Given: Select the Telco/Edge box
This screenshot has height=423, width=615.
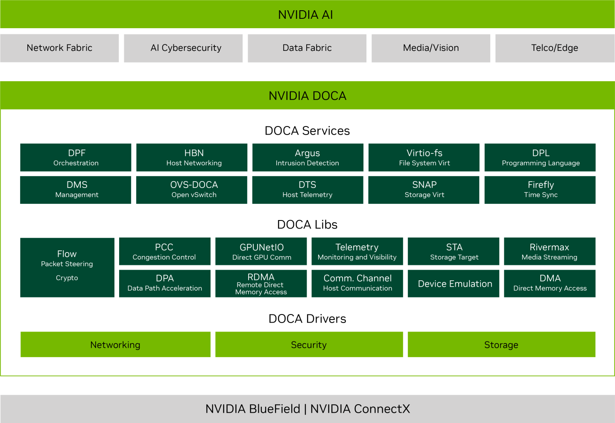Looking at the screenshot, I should pos(554,48).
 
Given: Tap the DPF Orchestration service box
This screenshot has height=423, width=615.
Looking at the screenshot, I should pos(76,157).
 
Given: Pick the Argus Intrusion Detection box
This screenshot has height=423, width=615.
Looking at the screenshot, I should pos(307,157).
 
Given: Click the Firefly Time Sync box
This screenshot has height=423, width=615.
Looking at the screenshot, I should pos(540,190).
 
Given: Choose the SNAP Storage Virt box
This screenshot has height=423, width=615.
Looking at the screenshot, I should pos(424,190).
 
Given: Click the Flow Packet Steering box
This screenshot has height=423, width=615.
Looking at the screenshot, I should pos(67,258).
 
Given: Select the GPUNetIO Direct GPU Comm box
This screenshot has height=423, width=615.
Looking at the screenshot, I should pos(261,251).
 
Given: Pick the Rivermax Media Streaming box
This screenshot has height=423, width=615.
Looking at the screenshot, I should pos(550,251).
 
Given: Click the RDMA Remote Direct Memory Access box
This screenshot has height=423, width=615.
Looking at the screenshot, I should pos(261,284).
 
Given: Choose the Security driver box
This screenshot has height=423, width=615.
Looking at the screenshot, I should pos(309,344).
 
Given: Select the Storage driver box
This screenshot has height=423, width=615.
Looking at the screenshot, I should pos(501,344).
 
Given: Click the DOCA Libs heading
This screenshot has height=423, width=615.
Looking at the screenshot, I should pos(307,225).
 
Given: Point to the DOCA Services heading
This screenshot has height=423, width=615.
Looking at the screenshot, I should pos(307,131).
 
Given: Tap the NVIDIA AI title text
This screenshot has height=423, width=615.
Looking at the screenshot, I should pos(305,15).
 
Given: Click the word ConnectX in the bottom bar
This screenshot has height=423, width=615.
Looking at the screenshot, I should pos(381,409).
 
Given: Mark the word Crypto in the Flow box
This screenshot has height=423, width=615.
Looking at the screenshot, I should pos(67,278).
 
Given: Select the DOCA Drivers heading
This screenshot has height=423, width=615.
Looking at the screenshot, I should pos(307,319).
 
